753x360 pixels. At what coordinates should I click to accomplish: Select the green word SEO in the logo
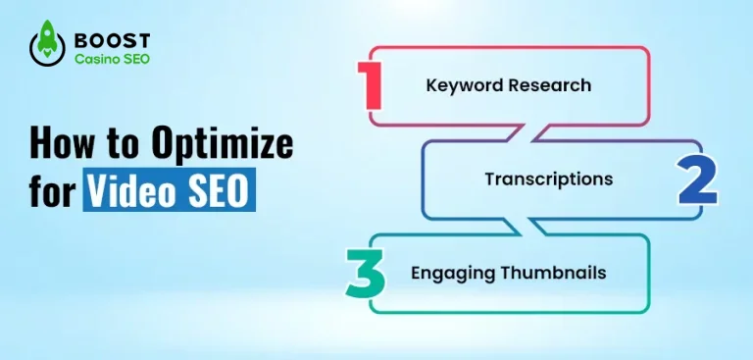[x=132, y=60]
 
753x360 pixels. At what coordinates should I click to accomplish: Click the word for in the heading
[x=52, y=191]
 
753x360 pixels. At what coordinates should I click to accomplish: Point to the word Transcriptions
[x=548, y=180]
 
